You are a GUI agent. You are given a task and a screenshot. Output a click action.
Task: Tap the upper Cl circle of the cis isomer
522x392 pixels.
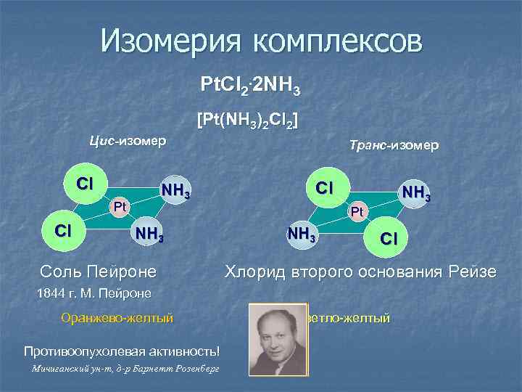pyautogui.click(x=85, y=183)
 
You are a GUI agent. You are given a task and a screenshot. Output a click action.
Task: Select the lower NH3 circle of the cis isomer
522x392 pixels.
pyautogui.click(x=147, y=234)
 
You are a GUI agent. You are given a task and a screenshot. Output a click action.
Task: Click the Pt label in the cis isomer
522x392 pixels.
pyautogui.click(x=121, y=207)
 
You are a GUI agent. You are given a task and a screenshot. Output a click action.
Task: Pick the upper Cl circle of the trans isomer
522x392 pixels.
pyautogui.click(x=323, y=187)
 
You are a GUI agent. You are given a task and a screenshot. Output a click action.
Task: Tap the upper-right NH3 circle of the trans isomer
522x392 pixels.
pyautogui.click(x=415, y=193)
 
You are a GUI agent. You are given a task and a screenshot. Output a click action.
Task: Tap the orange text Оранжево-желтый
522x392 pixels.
pyautogui.click(x=117, y=317)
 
